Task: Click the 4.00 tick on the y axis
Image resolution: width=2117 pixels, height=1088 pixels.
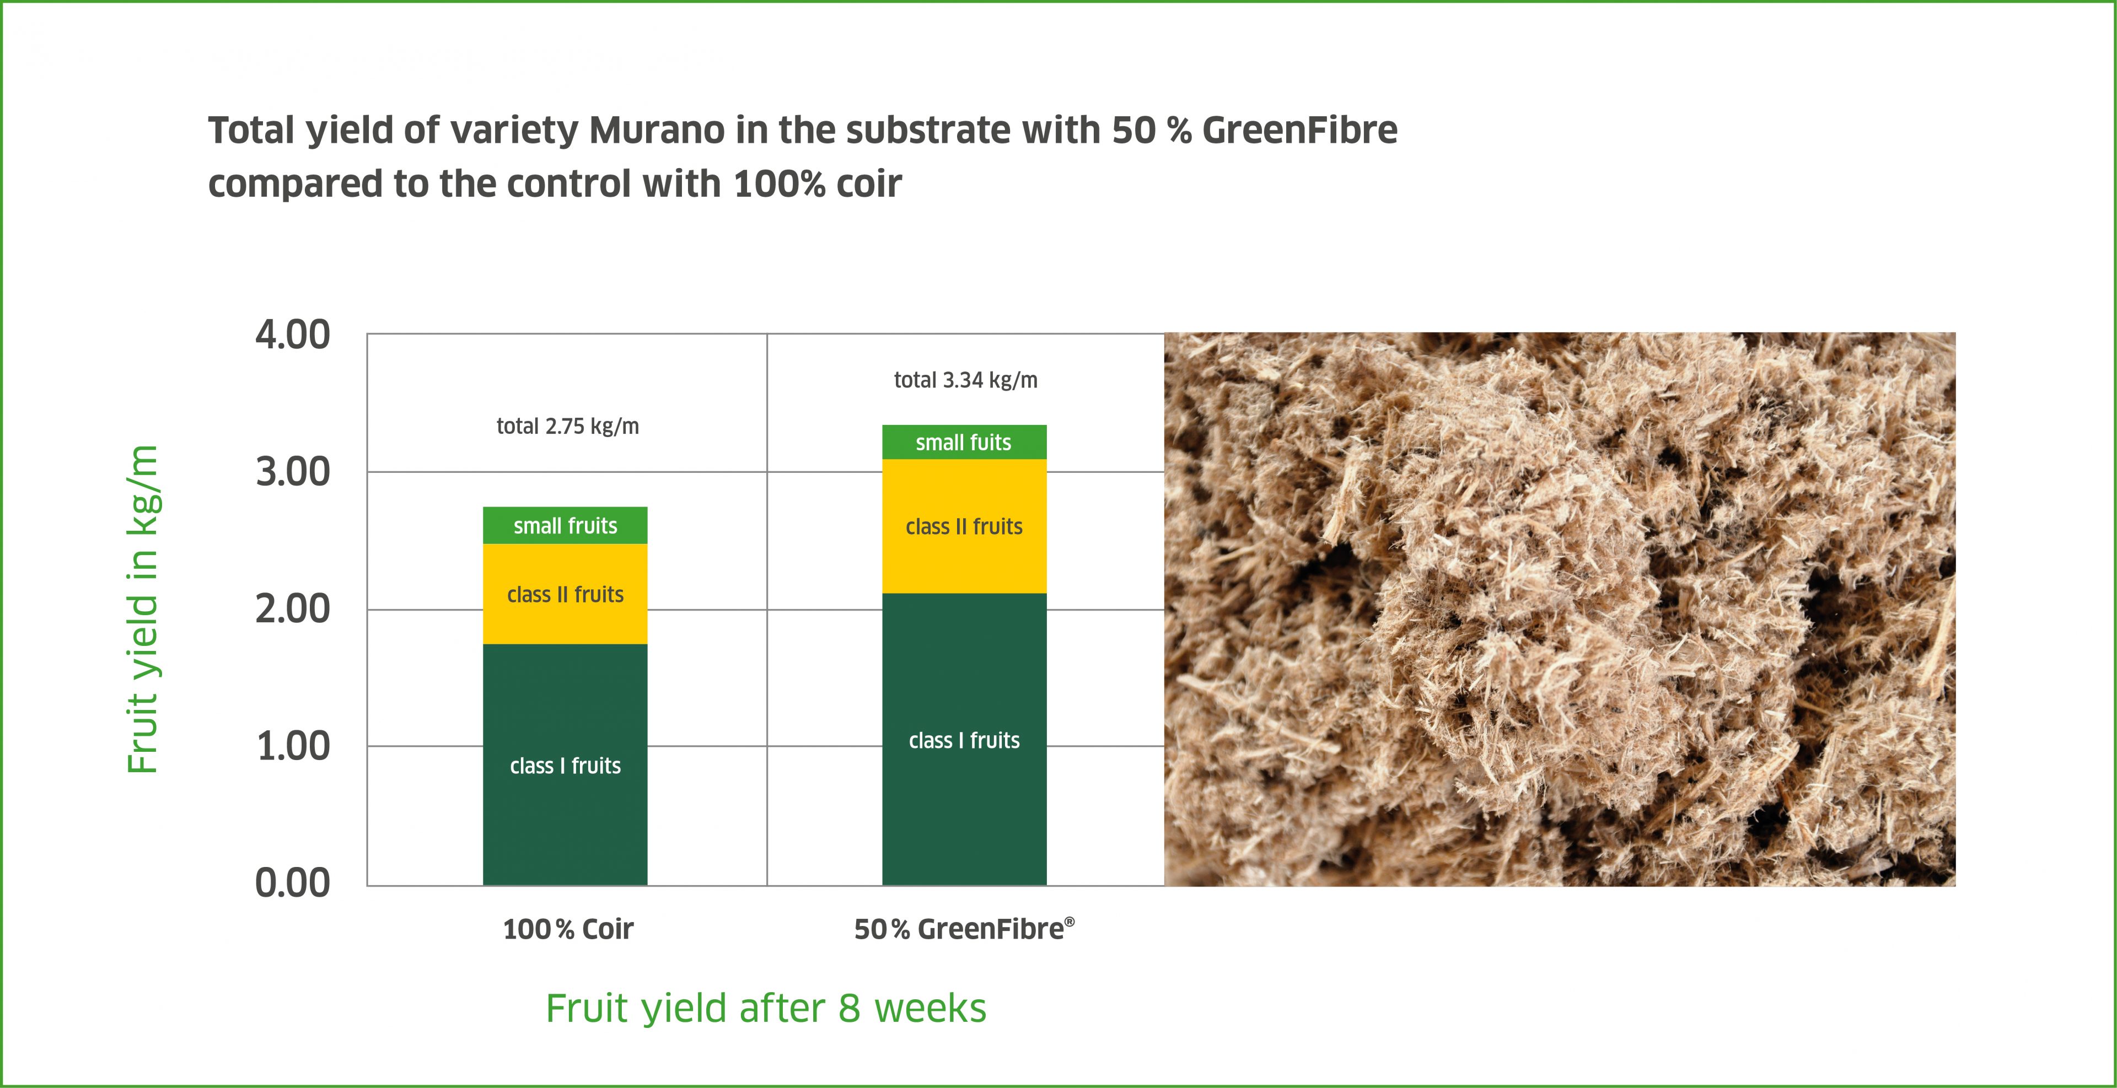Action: [293, 335]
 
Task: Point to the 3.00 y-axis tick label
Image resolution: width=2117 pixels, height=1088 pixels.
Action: [293, 472]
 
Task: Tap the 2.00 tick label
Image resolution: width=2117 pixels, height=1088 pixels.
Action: [293, 610]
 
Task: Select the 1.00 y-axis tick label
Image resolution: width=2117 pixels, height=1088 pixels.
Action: [293, 747]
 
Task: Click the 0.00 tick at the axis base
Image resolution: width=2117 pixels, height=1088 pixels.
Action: [293, 884]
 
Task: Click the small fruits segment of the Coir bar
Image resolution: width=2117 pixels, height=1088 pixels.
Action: [566, 525]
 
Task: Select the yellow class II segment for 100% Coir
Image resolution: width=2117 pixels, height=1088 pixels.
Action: [566, 594]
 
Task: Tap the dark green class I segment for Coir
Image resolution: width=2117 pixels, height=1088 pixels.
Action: [566, 764]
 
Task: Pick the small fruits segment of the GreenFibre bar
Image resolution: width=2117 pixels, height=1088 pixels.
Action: [964, 442]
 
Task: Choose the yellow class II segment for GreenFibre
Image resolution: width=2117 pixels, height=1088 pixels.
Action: [964, 526]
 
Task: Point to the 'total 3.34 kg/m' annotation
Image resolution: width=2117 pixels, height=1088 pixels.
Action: [966, 380]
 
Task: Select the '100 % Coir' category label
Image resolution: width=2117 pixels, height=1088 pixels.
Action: [568, 929]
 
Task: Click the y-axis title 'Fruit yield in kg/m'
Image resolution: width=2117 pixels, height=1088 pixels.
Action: [142, 609]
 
